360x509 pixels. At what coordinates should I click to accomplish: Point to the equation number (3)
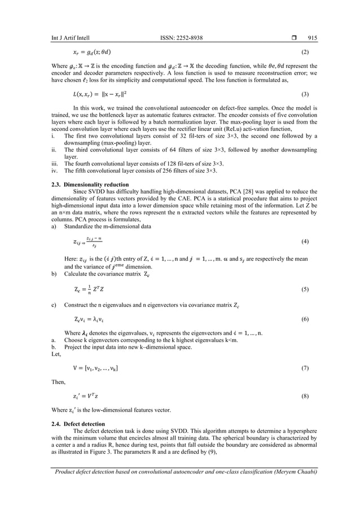click(305, 94)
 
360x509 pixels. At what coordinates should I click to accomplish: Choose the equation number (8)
click(305, 396)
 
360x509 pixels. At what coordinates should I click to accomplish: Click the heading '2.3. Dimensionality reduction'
click(89, 185)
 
